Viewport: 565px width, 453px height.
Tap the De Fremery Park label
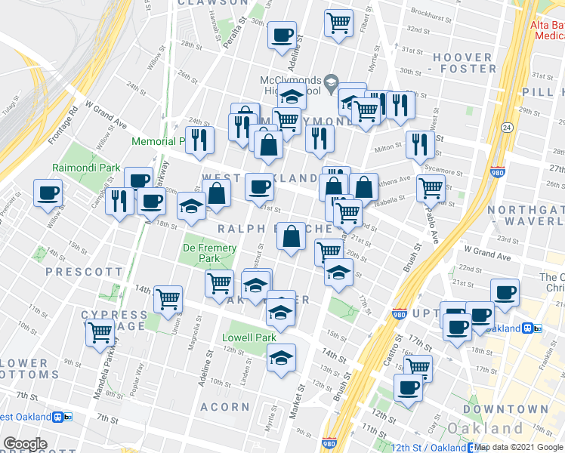click(210, 253)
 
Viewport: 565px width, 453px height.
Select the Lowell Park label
click(245, 337)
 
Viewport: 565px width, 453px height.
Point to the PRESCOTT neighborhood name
click(84, 271)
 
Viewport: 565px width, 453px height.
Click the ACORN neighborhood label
click(224, 407)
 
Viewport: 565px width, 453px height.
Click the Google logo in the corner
click(25, 444)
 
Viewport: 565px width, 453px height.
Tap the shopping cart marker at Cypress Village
click(100, 332)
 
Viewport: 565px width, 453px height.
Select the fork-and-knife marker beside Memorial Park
click(199, 139)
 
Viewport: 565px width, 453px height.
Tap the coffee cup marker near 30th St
click(282, 35)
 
